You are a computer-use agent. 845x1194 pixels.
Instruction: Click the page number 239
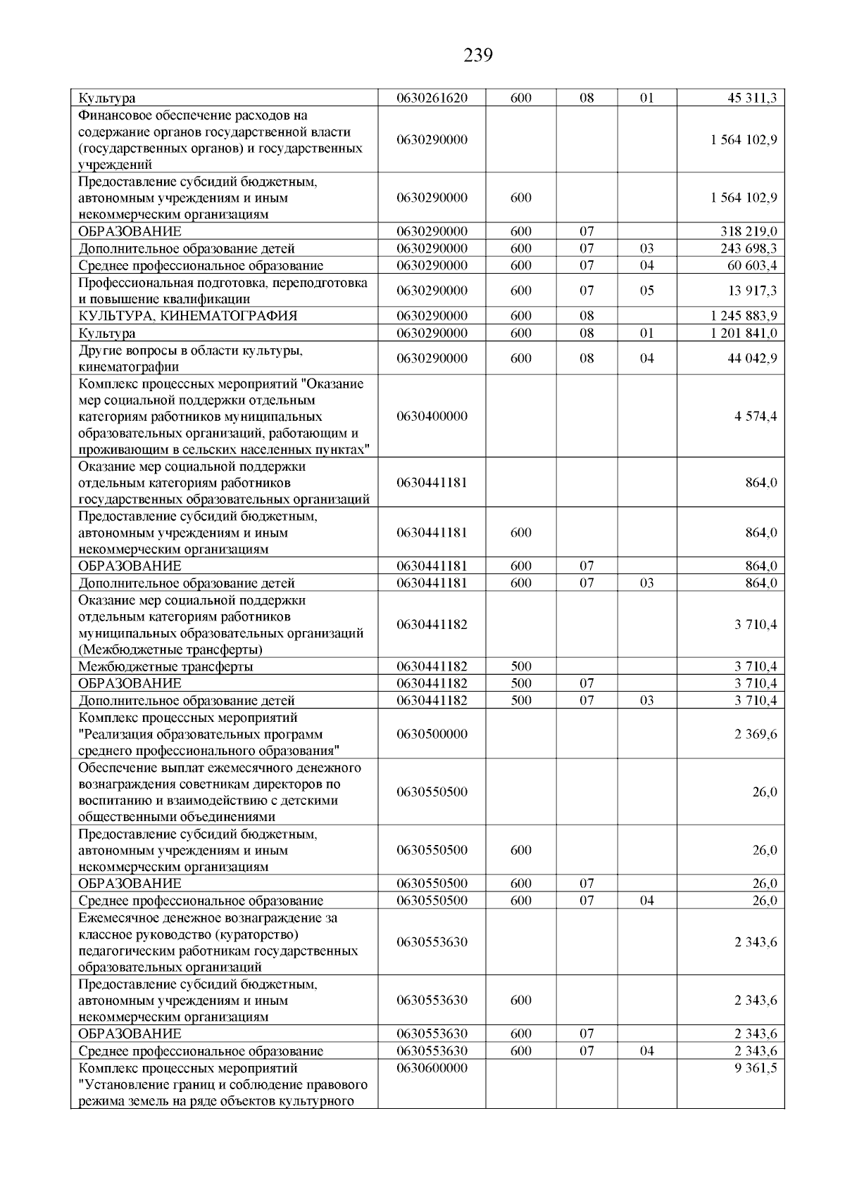pos(478,55)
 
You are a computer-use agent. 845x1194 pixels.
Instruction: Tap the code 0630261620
pos(432,99)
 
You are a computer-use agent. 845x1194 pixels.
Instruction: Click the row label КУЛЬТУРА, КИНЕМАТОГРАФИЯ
pos(187,316)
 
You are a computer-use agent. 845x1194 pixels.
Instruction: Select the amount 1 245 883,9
pos(744,316)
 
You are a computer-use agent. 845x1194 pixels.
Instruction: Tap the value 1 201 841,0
pos(744,333)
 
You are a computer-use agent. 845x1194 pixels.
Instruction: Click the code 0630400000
pos(432,417)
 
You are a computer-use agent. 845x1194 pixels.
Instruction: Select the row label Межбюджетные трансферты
pos(165,666)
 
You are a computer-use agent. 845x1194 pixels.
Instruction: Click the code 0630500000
pos(432,734)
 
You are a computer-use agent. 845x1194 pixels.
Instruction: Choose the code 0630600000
pos(432,1068)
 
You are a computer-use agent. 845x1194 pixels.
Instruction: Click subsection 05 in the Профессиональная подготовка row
pos(646,291)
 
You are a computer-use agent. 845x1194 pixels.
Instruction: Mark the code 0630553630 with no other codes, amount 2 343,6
pos(432,942)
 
